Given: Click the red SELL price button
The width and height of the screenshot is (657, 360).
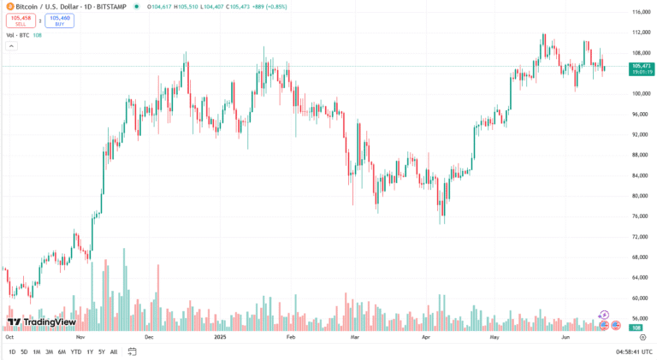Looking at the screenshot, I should pyautogui.click(x=21, y=21).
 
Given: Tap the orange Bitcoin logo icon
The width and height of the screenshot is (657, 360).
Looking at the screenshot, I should pyautogui.click(x=9, y=6).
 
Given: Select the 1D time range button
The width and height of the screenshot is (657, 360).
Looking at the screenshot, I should pyautogui.click(x=12, y=351).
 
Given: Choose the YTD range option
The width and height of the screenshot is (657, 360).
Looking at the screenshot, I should pyautogui.click(x=75, y=351).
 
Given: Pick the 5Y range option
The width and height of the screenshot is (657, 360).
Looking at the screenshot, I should pyautogui.click(x=102, y=351).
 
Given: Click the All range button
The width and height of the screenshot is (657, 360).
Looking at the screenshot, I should pyautogui.click(x=114, y=351).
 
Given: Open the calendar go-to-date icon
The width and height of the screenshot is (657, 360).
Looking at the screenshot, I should pyautogui.click(x=133, y=351).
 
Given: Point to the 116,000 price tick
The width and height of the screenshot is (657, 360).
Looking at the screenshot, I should pyautogui.click(x=641, y=12).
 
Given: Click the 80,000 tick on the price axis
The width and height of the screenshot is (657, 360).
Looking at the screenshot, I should pyautogui.click(x=640, y=196).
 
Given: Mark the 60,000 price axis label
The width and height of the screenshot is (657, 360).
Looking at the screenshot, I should pyautogui.click(x=640, y=298).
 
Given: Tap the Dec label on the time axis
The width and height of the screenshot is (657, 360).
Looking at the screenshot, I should pyautogui.click(x=149, y=338).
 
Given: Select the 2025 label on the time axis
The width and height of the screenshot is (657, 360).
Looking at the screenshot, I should pyautogui.click(x=218, y=338).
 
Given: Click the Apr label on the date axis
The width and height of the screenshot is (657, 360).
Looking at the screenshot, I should pyautogui.click(x=426, y=338).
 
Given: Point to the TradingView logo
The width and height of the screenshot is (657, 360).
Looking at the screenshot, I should pyautogui.click(x=42, y=322).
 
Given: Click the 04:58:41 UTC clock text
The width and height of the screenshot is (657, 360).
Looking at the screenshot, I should pyautogui.click(x=632, y=351).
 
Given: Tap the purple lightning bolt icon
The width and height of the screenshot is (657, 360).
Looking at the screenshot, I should pyautogui.click(x=604, y=315).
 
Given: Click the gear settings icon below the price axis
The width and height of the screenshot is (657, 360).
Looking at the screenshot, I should pyautogui.click(x=642, y=338).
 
